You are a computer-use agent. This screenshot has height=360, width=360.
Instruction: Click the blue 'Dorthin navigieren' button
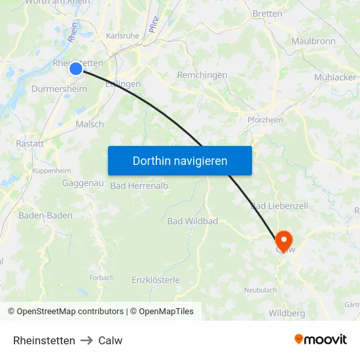(x=179, y=160)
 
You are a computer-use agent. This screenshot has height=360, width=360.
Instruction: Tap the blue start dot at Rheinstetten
(x=76, y=69)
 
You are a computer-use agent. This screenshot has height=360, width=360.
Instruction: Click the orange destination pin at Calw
(x=283, y=240)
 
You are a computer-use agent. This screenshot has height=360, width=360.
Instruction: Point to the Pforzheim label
(x=266, y=120)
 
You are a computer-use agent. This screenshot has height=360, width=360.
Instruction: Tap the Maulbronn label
(x=314, y=41)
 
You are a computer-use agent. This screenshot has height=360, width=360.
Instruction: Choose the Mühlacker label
(x=334, y=77)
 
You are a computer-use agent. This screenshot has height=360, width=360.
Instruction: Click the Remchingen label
(x=202, y=75)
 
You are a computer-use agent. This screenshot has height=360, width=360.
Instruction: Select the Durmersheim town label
(x=59, y=89)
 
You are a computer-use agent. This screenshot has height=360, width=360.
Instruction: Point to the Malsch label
(x=90, y=124)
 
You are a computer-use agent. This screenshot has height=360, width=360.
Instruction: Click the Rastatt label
(x=29, y=143)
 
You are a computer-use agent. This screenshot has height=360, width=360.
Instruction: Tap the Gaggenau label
(x=83, y=183)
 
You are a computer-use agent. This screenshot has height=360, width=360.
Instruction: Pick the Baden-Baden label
(x=45, y=215)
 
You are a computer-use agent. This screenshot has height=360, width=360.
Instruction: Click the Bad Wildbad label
(x=192, y=221)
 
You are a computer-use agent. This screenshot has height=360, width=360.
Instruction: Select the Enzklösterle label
(x=156, y=279)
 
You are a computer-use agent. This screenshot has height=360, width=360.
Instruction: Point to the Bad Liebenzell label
(x=279, y=206)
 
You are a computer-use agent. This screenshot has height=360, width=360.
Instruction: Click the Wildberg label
(x=287, y=313)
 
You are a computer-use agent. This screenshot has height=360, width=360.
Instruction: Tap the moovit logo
(x=321, y=339)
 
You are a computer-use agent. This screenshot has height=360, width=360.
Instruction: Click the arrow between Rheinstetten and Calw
(x=86, y=340)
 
